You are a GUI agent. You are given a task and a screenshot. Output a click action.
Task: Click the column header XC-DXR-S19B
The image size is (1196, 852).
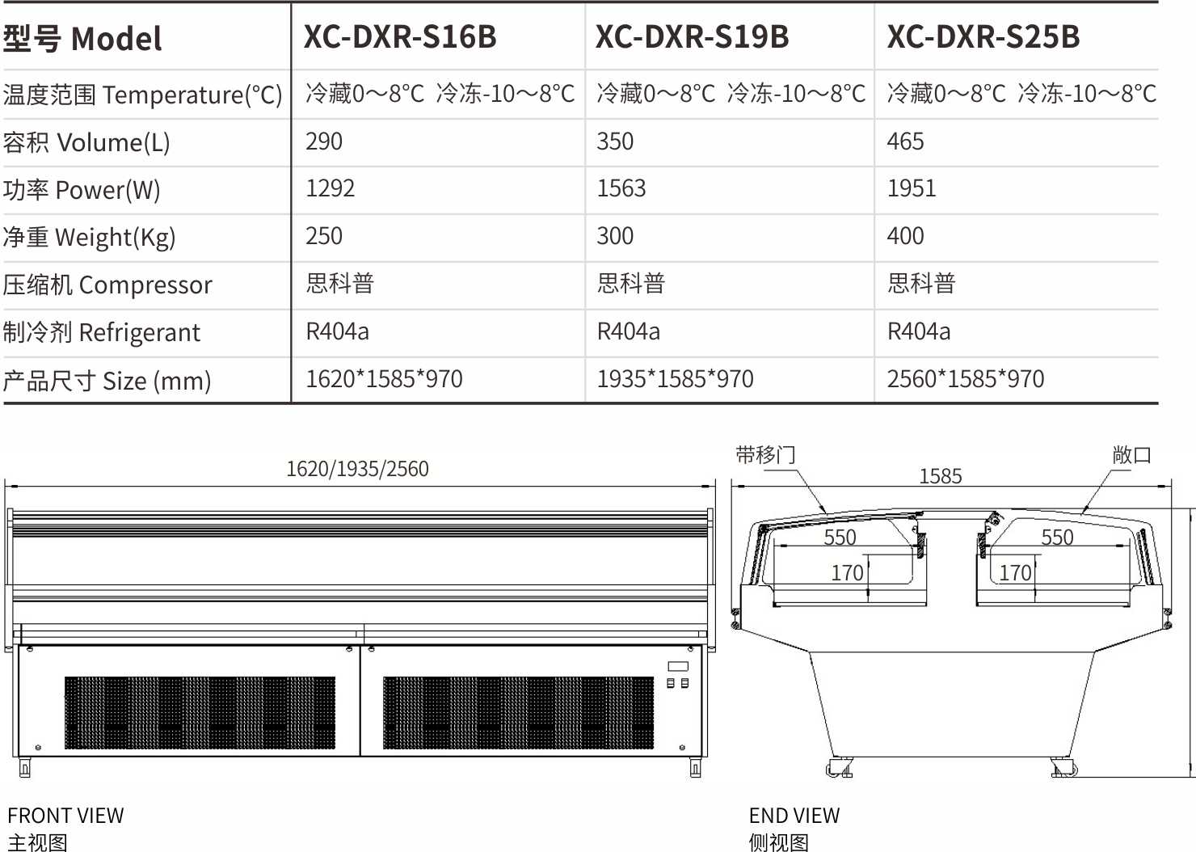pos(692,36)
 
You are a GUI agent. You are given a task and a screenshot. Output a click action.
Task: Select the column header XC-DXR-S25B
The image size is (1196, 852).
pos(983,36)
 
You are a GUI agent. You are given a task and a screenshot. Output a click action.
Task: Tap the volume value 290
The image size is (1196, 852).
pos(323,141)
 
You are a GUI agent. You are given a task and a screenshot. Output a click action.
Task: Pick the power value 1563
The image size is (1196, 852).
pos(621,188)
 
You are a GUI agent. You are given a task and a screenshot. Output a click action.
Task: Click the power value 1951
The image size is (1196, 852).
pos(912,188)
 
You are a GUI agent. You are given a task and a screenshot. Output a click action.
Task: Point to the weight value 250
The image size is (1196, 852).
pos(323,236)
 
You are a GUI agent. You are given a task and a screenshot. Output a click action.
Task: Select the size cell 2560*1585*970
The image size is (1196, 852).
pos(966,379)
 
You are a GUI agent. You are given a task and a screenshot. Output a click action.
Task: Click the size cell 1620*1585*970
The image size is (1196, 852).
pos(384,379)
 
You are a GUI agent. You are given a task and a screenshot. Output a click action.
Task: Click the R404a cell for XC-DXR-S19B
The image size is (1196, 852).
pos(629,331)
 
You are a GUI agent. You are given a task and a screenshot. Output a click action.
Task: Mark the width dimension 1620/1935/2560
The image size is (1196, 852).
pos(357,469)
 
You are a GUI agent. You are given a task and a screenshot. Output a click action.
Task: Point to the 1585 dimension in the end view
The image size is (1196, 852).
pos(941,476)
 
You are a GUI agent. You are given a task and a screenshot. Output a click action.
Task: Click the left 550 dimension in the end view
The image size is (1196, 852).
pos(840,538)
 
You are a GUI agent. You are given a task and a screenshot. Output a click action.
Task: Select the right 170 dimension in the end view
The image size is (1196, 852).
pos(1015,573)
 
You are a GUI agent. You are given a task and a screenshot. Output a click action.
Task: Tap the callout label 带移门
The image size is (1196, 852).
pos(765,455)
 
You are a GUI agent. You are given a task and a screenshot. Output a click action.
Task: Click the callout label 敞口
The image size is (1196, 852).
pos(1131,455)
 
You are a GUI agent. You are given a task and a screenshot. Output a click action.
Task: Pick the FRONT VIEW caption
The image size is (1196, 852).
pos(65,816)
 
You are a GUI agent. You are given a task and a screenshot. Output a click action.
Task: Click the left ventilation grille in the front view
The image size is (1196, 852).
pos(200,713)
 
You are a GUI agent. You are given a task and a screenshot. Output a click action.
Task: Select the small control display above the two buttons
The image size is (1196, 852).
pos(678,666)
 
